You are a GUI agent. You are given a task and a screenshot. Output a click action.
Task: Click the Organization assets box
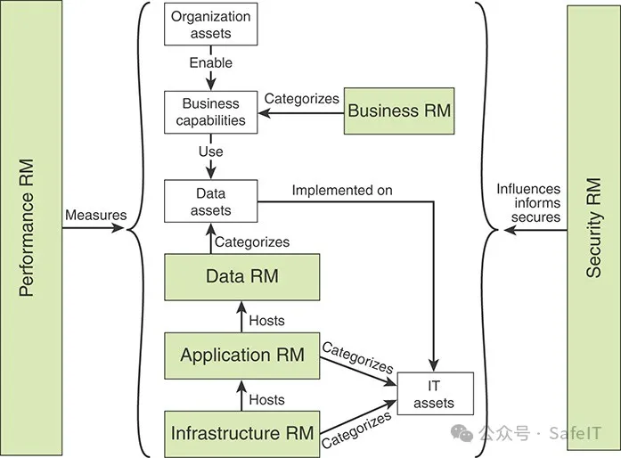coord(211,24)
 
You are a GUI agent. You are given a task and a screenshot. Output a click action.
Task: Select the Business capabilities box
coord(211,112)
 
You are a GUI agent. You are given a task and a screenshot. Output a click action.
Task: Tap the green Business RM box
coord(399,111)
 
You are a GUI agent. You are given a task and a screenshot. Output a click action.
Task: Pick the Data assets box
coord(211,202)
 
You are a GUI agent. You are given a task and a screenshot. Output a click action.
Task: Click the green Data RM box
coord(241,276)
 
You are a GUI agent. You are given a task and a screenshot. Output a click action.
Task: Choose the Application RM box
coord(241,356)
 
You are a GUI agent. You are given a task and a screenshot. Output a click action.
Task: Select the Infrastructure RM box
coord(241,434)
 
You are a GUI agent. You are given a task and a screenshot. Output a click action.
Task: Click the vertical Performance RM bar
coord(30,229)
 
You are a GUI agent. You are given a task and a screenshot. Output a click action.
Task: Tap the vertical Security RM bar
coord(593,229)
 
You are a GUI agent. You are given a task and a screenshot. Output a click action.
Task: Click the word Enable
coord(211,63)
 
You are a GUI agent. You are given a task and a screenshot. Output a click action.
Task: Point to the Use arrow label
coord(211,152)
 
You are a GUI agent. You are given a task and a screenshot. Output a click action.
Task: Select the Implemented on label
coord(342,190)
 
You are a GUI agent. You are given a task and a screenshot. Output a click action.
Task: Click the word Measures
coord(95,215)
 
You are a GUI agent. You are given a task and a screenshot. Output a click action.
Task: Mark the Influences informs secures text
coord(529,202)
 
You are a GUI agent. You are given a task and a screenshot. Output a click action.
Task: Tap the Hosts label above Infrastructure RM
coord(266,399)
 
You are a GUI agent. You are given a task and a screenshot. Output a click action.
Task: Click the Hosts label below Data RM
coord(266,320)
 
